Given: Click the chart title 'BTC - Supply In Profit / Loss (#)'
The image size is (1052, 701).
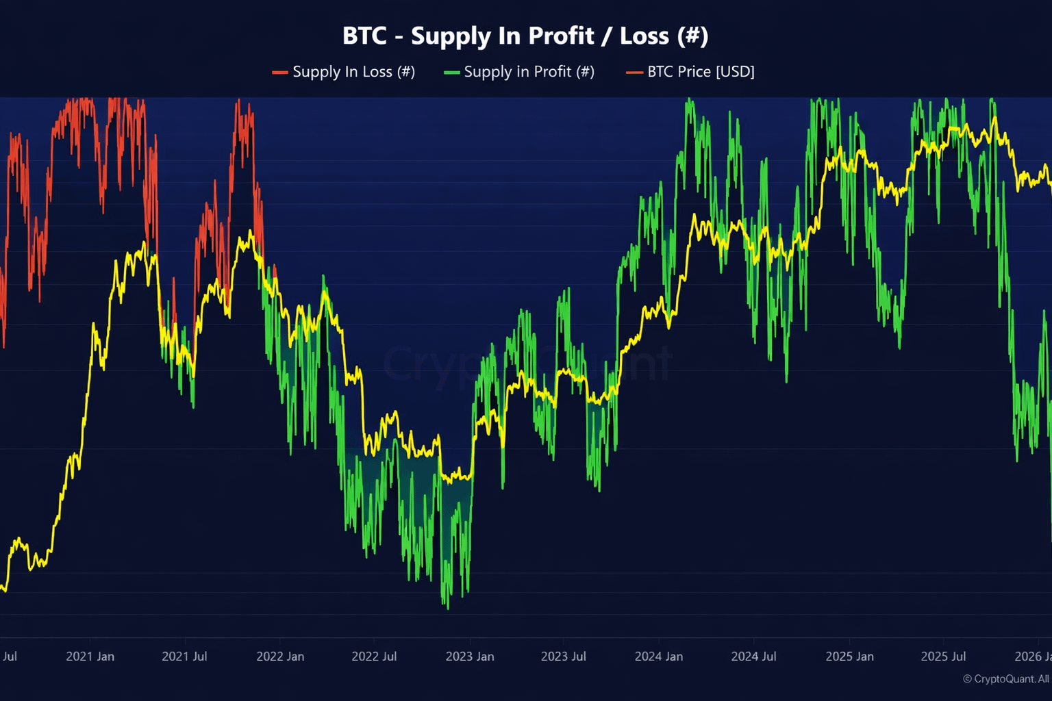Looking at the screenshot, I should (525, 36).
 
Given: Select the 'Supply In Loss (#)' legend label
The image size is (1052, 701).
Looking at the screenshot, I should (353, 72).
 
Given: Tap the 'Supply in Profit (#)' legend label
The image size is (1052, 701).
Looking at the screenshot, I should (529, 72).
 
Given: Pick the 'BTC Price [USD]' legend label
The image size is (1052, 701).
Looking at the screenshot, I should (701, 72).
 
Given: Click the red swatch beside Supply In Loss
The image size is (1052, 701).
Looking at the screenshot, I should (279, 73).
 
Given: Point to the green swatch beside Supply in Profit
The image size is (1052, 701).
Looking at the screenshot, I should (451, 73).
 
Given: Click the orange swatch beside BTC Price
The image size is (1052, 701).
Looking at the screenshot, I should (634, 73).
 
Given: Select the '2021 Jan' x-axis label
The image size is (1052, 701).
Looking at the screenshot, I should (90, 657).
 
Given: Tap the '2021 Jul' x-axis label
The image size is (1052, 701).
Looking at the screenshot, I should (184, 657).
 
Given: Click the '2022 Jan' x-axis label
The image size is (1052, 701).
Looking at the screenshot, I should (280, 657).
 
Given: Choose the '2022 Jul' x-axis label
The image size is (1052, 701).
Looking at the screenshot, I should (374, 657).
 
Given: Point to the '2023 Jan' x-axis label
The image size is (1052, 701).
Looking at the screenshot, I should (470, 657).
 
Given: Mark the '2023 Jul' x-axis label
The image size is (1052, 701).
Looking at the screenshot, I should (563, 657).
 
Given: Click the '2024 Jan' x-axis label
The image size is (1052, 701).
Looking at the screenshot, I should (659, 657).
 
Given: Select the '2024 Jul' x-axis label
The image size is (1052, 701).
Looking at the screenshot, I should (753, 657).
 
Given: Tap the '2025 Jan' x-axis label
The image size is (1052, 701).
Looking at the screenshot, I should (849, 657).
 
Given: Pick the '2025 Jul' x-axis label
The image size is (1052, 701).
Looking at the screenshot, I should (943, 657).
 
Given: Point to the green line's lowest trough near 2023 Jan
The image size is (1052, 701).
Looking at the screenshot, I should (448, 607).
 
